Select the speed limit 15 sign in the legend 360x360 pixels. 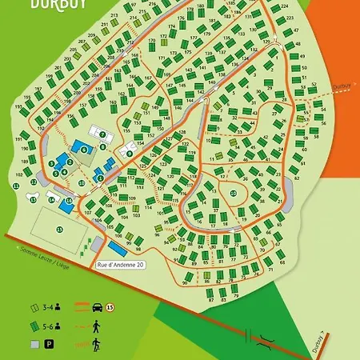coord(110,306)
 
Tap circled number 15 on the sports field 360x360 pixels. coord(58,229)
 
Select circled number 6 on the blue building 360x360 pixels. coord(83,149)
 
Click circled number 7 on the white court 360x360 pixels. coord(102,134)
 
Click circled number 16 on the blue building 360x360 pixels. coord(70,201)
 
